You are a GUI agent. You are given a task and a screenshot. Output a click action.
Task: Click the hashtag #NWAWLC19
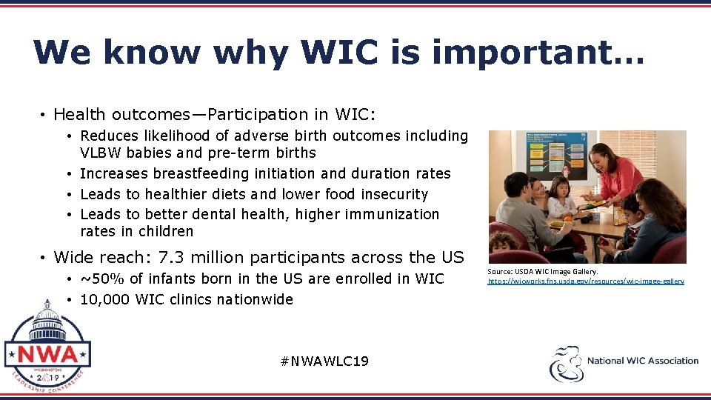coord(325,361)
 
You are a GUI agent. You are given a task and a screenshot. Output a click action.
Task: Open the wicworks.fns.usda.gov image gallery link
coord(585,281)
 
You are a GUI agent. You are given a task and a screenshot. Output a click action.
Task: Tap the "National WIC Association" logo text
coord(642,361)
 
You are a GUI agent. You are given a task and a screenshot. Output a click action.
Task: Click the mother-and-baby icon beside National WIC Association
coord(567,363)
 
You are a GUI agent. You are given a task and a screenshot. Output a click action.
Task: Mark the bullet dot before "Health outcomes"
coord(44,115)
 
